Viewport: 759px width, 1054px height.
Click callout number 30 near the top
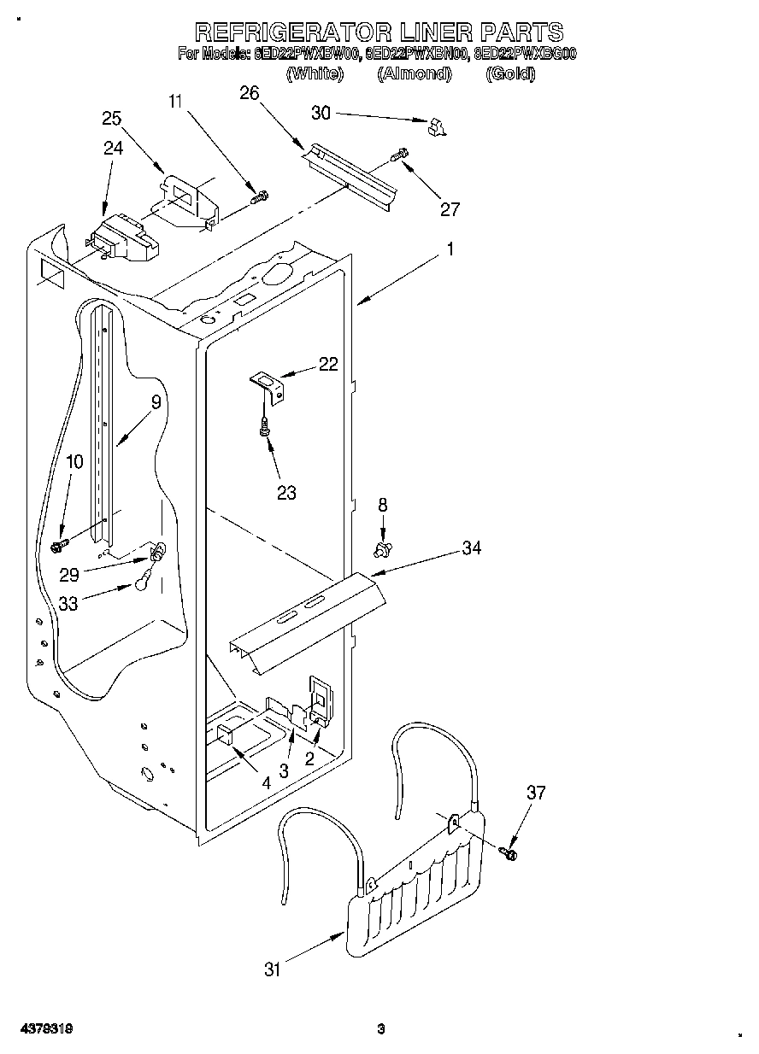321,112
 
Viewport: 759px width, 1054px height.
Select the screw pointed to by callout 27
399,155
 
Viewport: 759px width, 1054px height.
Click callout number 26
249,93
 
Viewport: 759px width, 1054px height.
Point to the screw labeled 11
257,197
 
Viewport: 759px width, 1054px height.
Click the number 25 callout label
112,119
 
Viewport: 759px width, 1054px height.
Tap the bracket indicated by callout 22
268,385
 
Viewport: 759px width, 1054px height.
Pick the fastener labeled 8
383,545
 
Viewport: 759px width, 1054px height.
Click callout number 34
471,548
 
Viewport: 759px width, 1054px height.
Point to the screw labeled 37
511,852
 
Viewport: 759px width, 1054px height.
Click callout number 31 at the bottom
273,969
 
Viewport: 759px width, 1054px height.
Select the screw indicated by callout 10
60,543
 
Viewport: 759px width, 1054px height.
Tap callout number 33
69,603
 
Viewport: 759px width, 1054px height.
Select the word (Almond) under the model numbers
414,74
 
